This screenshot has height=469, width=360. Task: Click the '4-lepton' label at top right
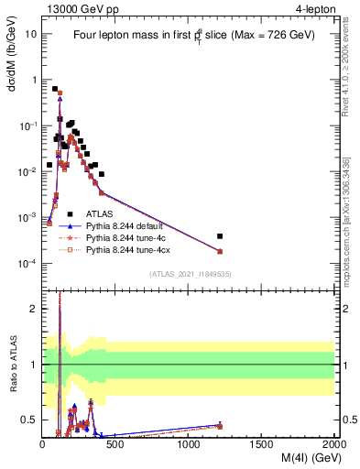pos(311,9)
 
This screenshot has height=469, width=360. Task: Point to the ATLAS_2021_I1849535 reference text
pos(189,273)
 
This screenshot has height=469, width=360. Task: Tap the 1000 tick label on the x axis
pos(189,444)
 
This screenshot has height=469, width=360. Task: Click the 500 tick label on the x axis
pos(115,444)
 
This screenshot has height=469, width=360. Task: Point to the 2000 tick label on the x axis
pos(334,444)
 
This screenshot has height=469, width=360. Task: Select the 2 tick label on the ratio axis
pos(32,309)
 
